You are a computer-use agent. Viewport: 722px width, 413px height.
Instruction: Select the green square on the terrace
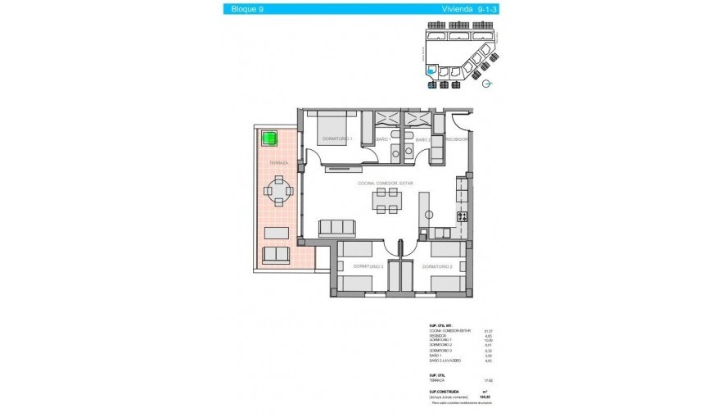269,138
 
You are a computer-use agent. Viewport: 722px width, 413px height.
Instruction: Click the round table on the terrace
278,194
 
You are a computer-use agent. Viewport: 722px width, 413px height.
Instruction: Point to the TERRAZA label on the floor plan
278,163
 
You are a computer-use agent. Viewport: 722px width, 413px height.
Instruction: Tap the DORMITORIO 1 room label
336,139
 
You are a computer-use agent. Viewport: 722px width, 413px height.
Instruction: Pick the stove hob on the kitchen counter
462,216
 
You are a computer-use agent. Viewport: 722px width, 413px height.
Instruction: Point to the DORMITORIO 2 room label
438,266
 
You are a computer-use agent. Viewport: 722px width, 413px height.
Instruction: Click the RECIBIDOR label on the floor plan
456,139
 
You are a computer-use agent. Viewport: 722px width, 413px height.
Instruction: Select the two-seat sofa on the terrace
276,255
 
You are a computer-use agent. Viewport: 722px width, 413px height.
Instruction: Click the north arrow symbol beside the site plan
487,84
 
